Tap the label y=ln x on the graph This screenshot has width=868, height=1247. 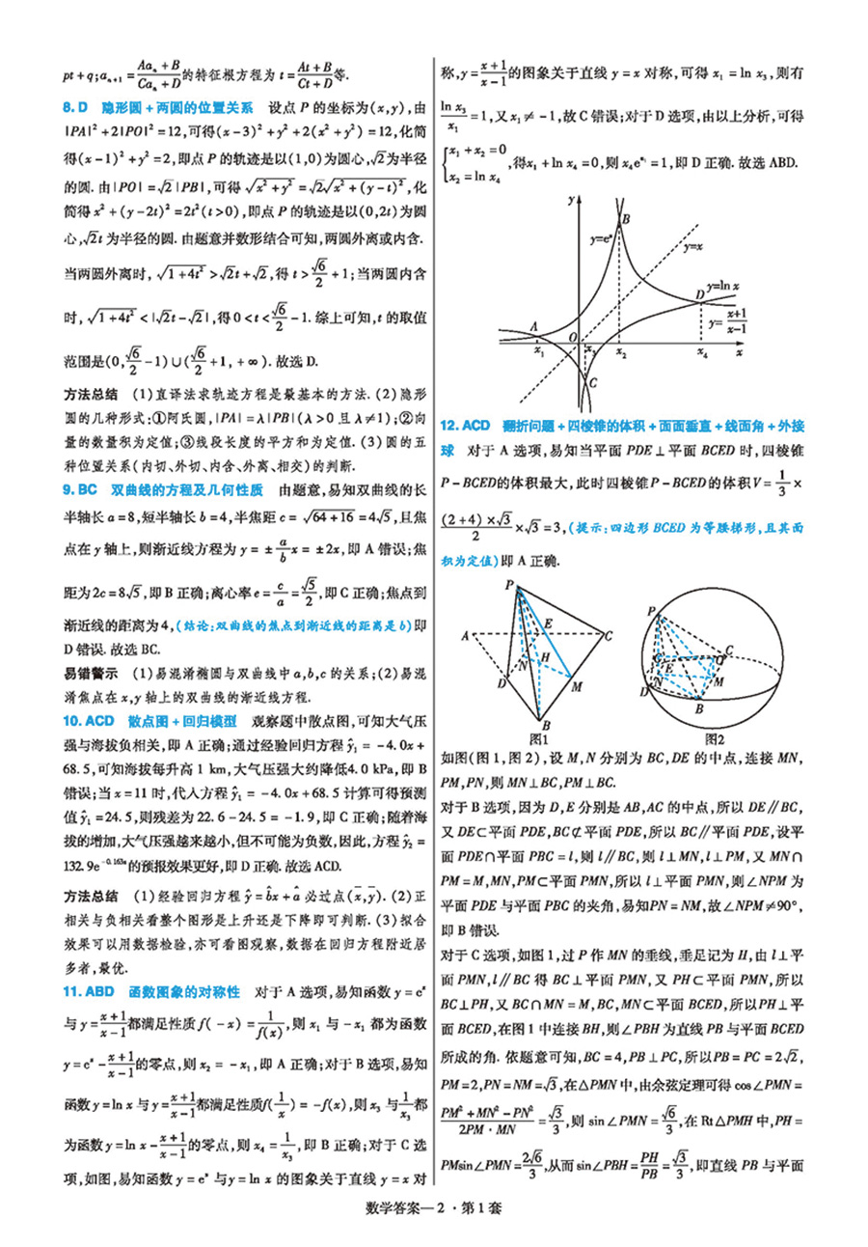[723, 288]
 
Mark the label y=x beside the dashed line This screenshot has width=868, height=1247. [693, 247]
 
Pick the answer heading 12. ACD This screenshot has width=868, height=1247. [465, 425]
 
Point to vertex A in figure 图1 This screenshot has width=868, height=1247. [466, 634]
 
